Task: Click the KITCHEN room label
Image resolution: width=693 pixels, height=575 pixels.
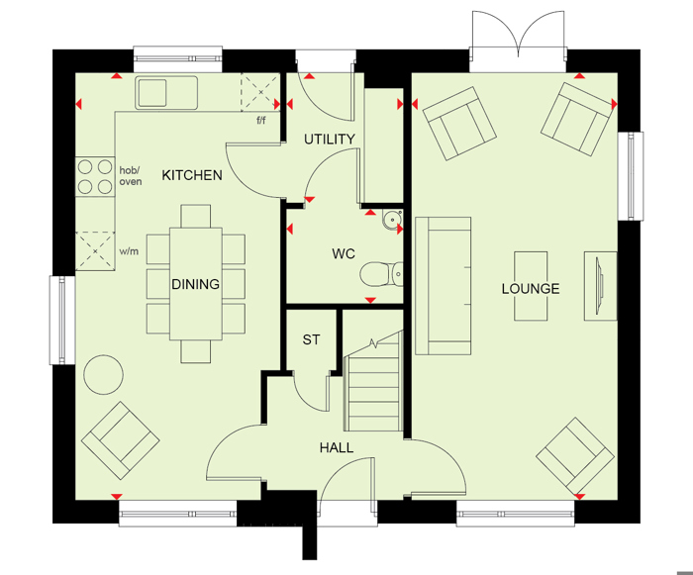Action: click(x=192, y=175)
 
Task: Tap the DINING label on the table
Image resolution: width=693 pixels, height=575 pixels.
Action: click(x=195, y=284)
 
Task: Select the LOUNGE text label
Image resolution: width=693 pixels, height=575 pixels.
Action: click(x=531, y=289)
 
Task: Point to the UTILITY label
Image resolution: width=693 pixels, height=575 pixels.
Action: click(x=330, y=140)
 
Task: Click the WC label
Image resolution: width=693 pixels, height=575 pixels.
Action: click(x=344, y=253)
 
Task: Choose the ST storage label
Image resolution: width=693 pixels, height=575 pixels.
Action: click(x=311, y=339)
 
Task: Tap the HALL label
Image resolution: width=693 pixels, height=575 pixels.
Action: click(x=337, y=448)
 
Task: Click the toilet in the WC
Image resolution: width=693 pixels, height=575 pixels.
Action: click(x=382, y=274)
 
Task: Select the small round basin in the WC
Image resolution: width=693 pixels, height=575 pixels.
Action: click(x=392, y=220)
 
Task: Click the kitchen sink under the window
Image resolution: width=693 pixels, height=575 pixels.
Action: click(x=166, y=93)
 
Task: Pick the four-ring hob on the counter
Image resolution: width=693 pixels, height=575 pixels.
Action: click(x=95, y=177)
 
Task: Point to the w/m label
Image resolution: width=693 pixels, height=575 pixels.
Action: click(x=129, y=251)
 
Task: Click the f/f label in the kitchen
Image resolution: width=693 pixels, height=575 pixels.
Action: click(x=261, y=120)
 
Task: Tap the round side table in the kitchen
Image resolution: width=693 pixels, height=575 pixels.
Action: click(x=103, y=375)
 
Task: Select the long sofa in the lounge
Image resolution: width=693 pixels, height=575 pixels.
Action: click(x=443, y=286)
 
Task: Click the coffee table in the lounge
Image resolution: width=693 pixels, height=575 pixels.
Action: click(x=531, y=286)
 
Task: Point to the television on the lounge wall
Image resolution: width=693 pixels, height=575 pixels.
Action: click(x=600, y=285)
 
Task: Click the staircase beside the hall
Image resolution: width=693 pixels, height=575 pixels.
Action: click(x=373, y=381)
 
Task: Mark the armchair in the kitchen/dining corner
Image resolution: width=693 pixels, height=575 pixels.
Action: click(x=120, y=440)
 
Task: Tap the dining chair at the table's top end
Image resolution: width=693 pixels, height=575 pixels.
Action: click(x=195, y=216)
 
